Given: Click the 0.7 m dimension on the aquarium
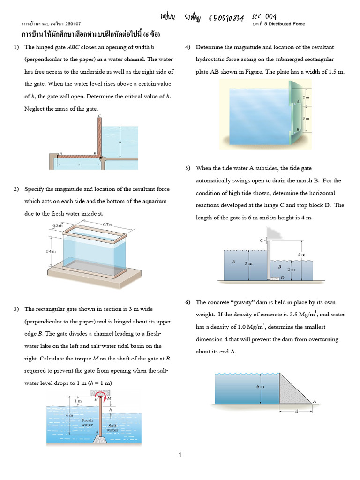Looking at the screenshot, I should coord(108,225).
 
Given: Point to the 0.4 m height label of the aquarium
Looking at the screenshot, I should coord(51,251).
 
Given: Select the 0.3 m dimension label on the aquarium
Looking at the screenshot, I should coord(58,226).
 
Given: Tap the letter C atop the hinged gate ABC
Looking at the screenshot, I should coord(99,115).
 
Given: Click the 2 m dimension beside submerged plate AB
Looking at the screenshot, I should coord(307,96).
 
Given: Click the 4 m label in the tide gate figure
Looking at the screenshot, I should coord(301,255).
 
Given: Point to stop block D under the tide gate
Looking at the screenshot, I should coord(275,278).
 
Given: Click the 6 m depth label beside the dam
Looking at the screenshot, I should coord(260,387).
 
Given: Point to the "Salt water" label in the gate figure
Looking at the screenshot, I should coord(112,427).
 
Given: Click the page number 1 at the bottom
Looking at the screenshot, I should coord(180,455).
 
